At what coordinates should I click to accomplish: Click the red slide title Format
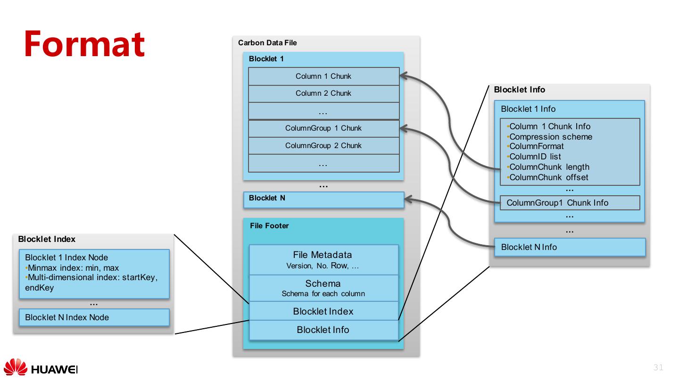(x=84, y=43)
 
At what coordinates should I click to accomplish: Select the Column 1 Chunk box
(x=323, y=76)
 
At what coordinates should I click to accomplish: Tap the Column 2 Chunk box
(x=323, y=93)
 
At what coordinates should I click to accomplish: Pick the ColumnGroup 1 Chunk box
(x=323, y=128)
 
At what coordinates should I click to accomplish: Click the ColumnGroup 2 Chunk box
(x=323, y=146)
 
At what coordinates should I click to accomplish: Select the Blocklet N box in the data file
(x=323, y=199)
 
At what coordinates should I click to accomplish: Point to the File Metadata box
(x=323, y=259)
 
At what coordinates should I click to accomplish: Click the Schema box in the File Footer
(x=323, y=288)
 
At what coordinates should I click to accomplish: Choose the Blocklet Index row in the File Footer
(x=323, y=311)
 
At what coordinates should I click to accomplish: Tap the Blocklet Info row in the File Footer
(x=323, y=330)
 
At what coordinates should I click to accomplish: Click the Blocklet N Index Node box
(x=94, y=317)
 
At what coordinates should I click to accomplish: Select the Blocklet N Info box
(x=570, y=247)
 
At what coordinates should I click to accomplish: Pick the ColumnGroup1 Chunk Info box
(x=570, y=203)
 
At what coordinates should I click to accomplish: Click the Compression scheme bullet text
(x=551, y=137)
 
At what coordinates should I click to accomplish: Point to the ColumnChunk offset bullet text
(x=549, y=177)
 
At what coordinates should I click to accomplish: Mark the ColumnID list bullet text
(x=535, y=157)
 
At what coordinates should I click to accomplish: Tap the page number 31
(x=658, y=368)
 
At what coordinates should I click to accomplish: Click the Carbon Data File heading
(x=267, y=43)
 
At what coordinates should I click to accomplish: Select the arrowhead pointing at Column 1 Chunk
(x=404, y=75)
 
